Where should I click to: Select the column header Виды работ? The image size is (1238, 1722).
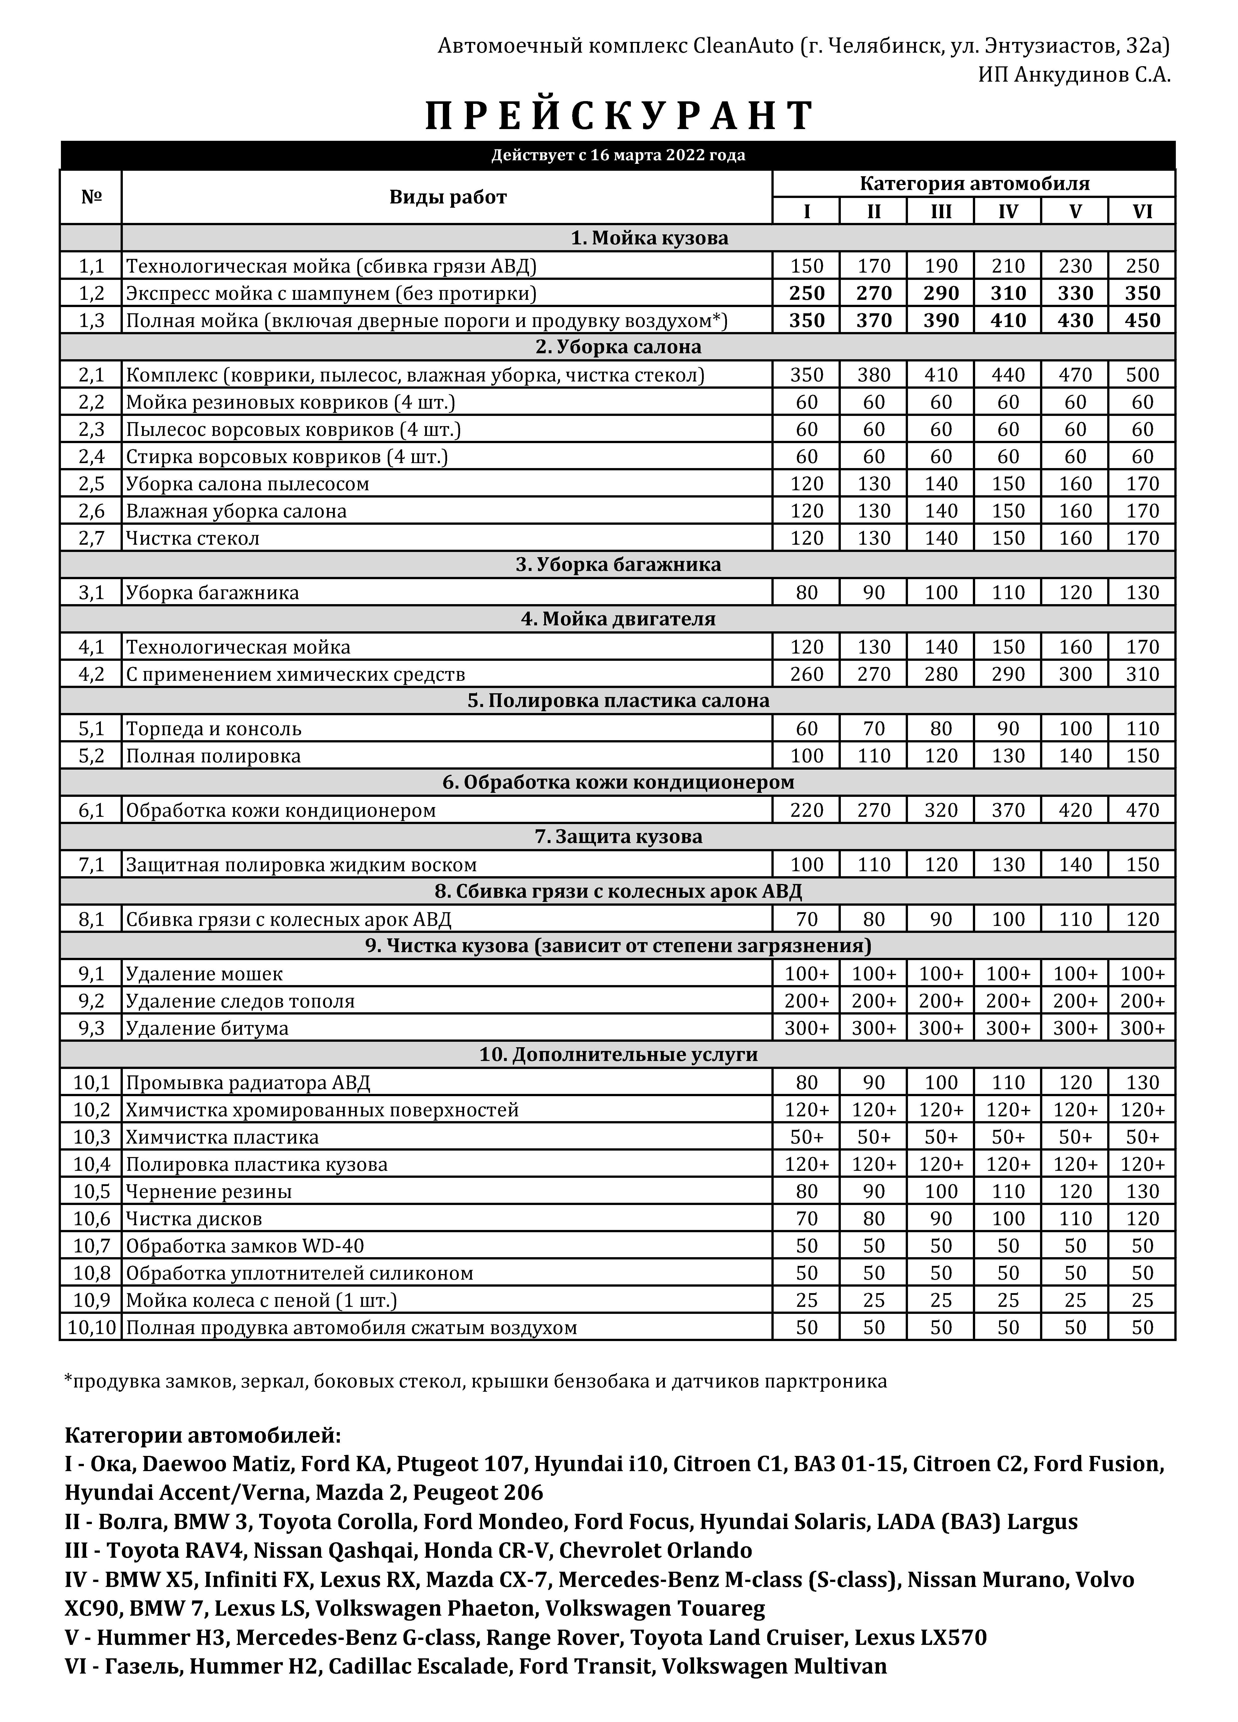pos(447,197)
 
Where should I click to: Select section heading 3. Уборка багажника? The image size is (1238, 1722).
pos(618,565)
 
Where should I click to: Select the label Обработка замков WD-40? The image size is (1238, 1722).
pos(245,1246)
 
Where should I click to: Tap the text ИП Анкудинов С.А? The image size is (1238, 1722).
pos(1074,74)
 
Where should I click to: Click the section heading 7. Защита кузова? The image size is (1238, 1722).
pos(618,837)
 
